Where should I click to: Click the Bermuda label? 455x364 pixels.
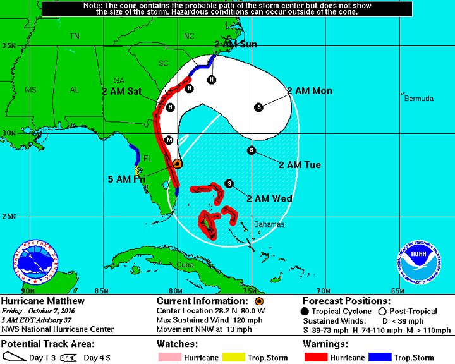(x=419, y=99)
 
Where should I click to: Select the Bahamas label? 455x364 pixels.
(x=269, y=224)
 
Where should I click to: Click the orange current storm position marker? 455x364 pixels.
(x=178, y=163)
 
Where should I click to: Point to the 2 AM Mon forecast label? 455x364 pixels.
(x=309, y=91)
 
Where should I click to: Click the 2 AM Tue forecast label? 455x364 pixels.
(x=300, y=165)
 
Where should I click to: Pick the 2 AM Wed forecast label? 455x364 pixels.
(x=269, y=198)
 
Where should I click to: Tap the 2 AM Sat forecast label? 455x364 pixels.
(x=121, y=91)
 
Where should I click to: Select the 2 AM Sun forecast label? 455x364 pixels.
(x=235, y=44)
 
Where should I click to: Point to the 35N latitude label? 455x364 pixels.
(x=8, y=45)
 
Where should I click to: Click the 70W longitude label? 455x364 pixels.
(x=323, y=290)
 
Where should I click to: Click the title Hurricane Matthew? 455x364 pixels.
(x=43, y=301)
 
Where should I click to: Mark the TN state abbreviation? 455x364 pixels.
(x=75, y=37)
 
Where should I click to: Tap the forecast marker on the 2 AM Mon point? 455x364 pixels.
(x=258, y=107)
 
